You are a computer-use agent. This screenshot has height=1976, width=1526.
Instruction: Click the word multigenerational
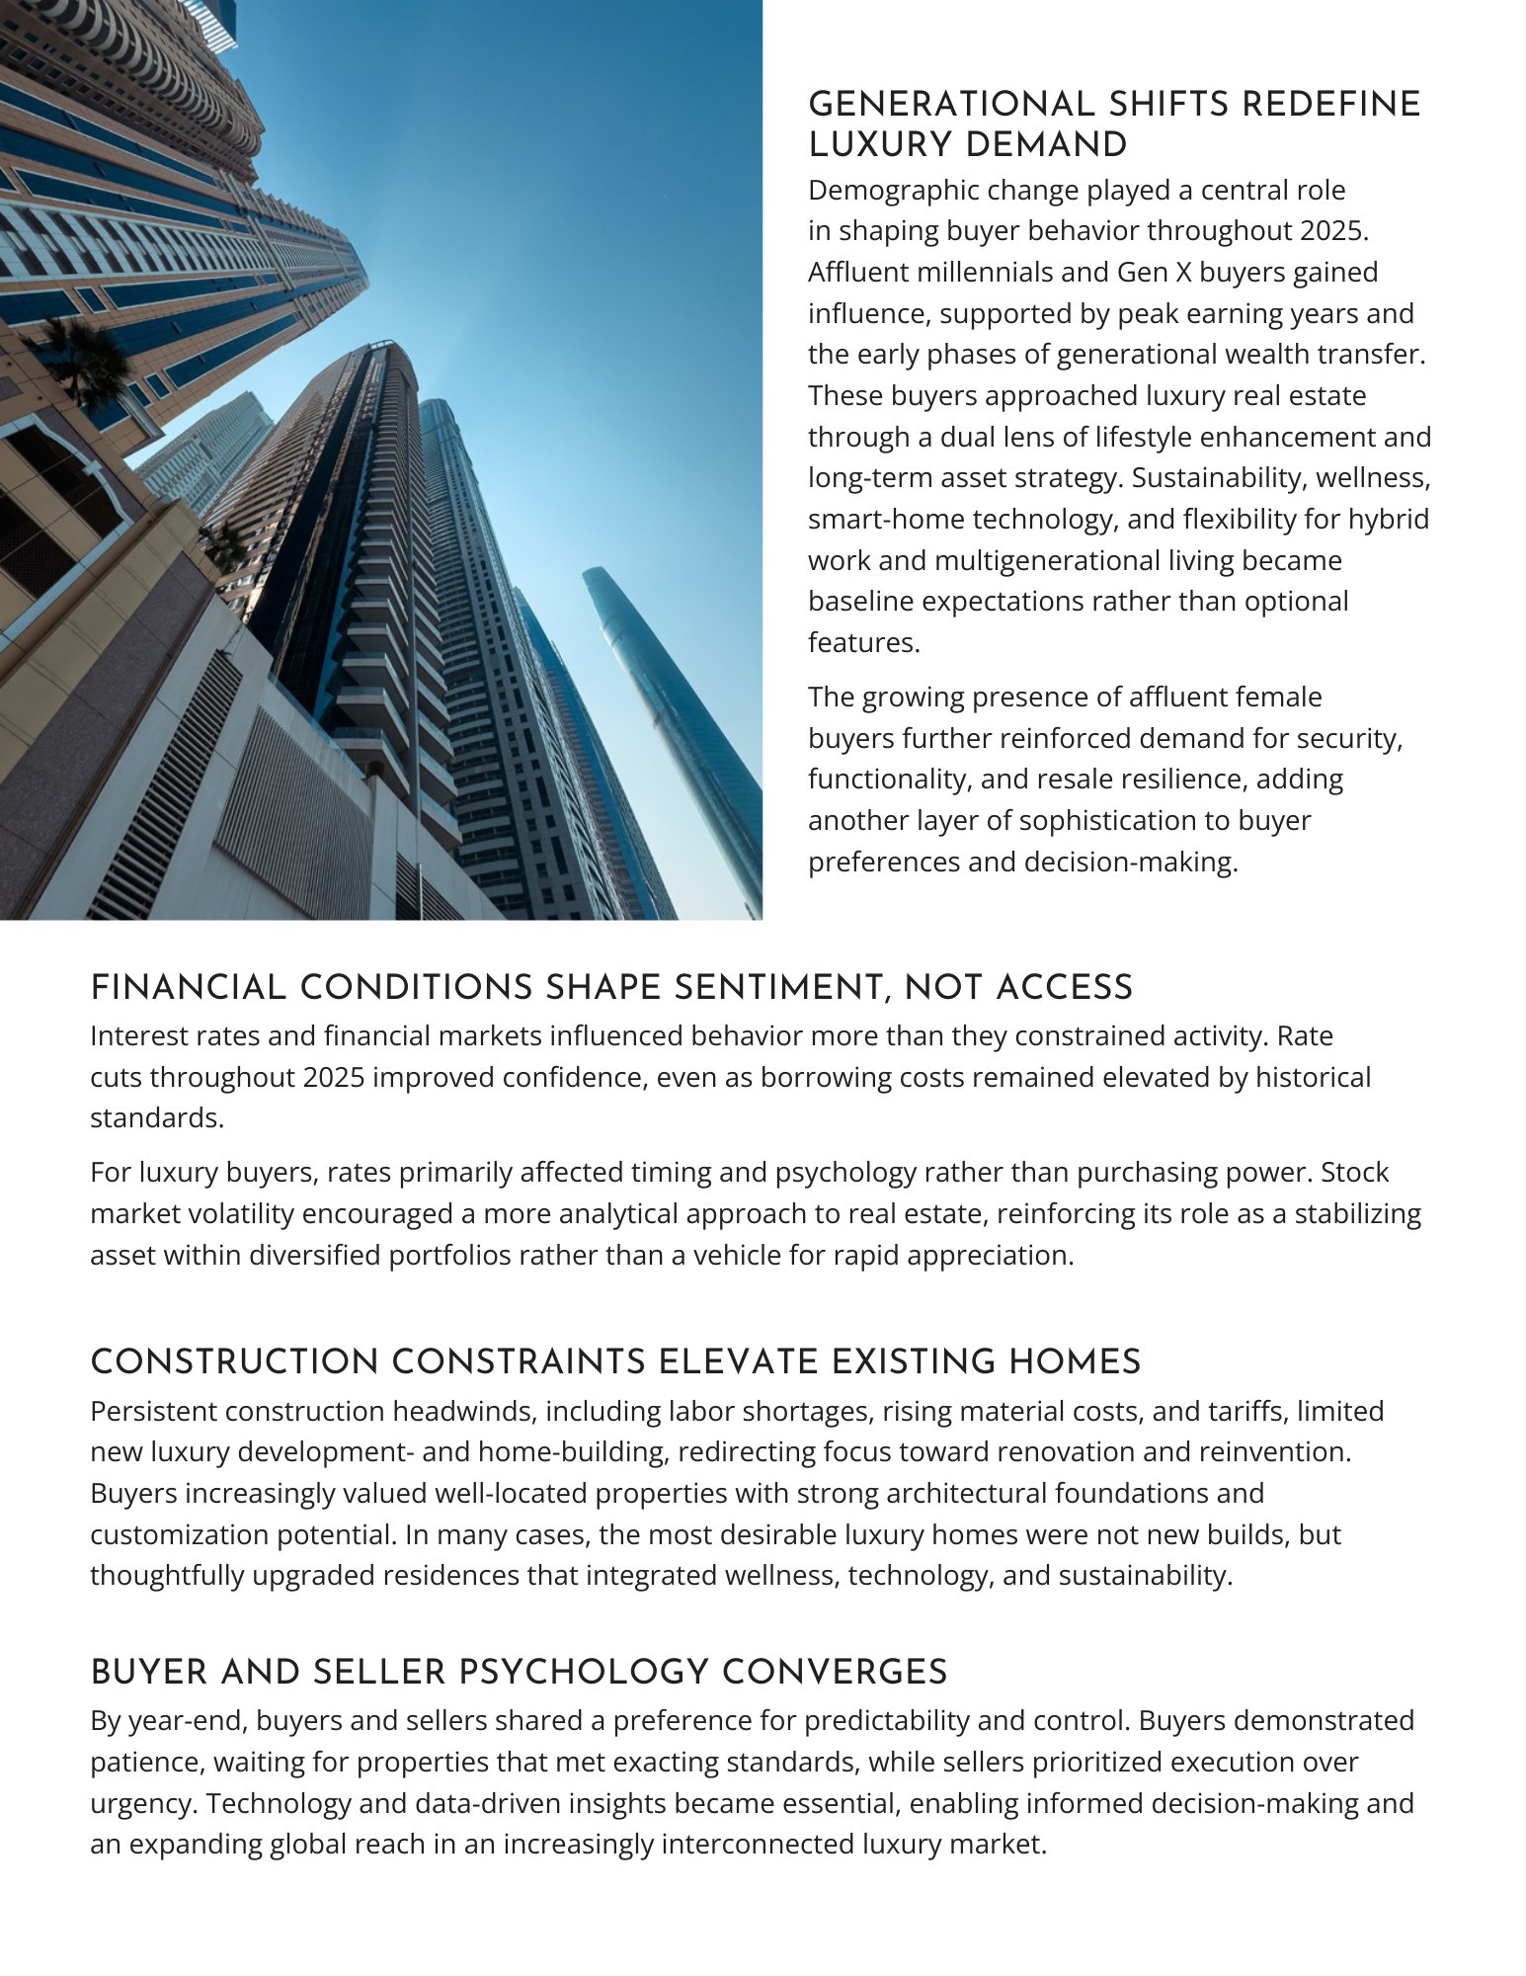click(1060, 560)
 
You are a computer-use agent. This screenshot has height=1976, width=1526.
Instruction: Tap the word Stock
click(1355, 1172)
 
